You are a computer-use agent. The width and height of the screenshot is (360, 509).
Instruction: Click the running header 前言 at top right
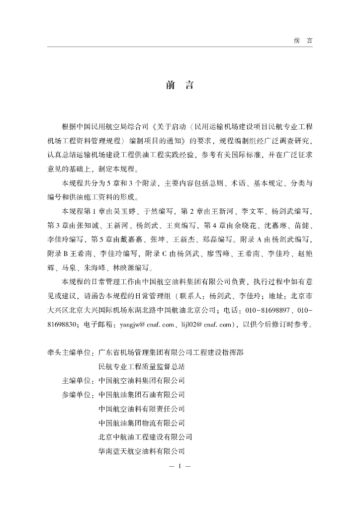click(x=303, y=40)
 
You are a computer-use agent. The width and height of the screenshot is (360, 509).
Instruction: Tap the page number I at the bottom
click(x=180, y=467)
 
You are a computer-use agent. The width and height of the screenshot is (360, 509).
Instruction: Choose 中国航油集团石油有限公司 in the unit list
click(x=142, y=395)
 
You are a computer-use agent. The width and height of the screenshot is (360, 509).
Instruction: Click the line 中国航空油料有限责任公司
click(x=142, y=409)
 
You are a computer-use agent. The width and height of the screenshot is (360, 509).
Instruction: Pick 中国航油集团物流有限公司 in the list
click(x=142, y=424)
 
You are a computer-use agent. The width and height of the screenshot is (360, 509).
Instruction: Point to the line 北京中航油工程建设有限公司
click(x=145, y=437)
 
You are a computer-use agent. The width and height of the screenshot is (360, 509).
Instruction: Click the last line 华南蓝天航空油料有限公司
click(x=142, y=452)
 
